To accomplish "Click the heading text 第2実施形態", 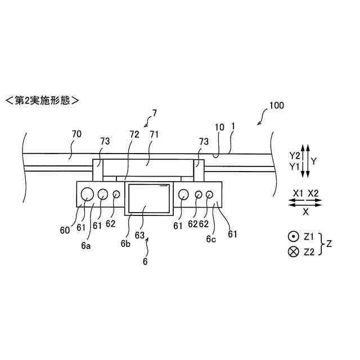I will [42, 101].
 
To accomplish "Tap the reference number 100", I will [276, 105].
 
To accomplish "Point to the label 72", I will [134, 134].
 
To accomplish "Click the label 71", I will [154, 134].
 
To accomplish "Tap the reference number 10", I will [220, 128].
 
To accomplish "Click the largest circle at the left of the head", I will [87, 194].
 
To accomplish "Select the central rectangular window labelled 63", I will [150, 199].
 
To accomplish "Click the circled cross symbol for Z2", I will [293, 252].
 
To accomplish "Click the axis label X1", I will [299, 192].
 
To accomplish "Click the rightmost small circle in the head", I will [210, 195].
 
